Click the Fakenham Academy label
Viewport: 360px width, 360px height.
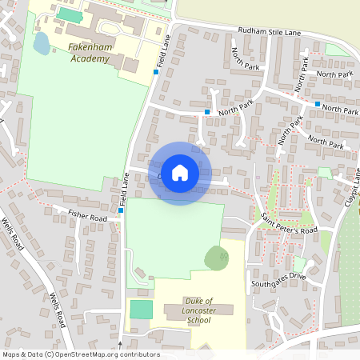tap(89, 53)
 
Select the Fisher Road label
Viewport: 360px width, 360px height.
tap(87, 216)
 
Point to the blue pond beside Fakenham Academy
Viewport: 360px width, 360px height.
tap(41, 43)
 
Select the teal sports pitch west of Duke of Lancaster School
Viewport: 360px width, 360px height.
tap(140, 309)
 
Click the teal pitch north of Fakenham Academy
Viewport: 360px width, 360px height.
tap(70, 15)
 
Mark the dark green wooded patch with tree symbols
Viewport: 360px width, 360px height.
tap(215, 258)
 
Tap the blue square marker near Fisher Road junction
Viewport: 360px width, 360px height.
tap(120, 210)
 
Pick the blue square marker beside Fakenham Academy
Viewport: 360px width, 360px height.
tap(156, 72)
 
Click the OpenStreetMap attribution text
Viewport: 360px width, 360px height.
tap(80, 354)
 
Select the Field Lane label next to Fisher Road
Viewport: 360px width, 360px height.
tap(125, 193)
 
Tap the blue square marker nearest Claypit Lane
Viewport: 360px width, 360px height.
tap(317, 105)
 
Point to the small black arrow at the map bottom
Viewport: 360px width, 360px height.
tap(120, 344)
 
